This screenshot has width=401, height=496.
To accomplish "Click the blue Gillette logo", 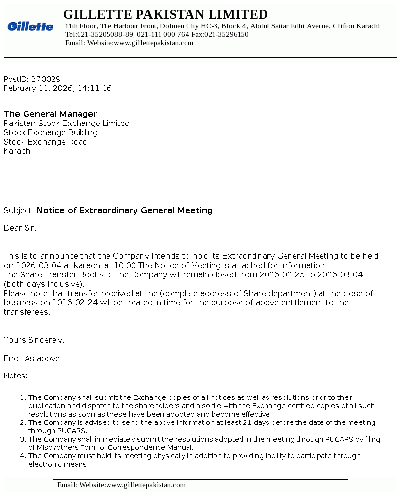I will click(x=30, y=26).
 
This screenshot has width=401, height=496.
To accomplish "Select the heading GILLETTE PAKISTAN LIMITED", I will click(x=165, y=14).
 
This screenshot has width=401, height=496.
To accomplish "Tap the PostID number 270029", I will click(x=46, y=79).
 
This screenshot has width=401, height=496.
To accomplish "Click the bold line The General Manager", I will click(x=51, y=114).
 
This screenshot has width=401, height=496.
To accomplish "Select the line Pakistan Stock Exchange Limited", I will click(x=67, y=123).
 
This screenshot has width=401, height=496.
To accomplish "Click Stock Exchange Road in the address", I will click(x=46, y=142).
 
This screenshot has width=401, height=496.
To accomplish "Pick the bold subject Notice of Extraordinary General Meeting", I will click(x=125, y=210).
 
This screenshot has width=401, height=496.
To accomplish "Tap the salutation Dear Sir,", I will click(x=20, y=228).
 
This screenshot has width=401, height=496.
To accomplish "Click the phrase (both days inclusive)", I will click(x=44, y=284).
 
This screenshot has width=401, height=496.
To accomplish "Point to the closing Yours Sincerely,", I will click(x=34, y=340).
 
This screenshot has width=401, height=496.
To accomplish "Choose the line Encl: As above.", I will click(x=33, y=358).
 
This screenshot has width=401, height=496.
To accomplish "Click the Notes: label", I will click(x=16, y=376).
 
